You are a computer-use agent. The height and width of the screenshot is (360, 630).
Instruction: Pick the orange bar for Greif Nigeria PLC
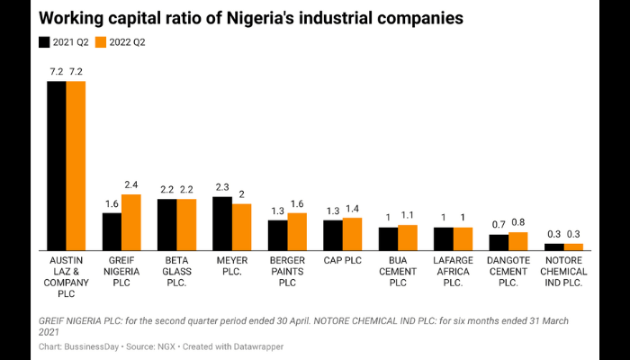click(131, 221)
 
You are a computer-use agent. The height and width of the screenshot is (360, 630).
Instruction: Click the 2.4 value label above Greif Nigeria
click(131, 185)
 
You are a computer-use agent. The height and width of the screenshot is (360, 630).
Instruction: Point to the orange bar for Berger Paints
click(297, 231)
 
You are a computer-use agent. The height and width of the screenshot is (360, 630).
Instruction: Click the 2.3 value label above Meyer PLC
click(222, 188)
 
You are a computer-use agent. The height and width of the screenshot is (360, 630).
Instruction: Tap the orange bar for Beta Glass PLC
click(186, 224)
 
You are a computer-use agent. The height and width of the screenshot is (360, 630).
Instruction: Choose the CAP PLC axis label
click(342, 259)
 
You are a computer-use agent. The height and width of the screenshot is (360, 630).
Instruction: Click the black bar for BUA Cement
click(388, 238)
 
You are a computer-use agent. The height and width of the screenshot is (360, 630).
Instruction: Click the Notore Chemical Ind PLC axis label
click(564, 271)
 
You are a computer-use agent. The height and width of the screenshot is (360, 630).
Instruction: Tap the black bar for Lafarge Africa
click(444, 238)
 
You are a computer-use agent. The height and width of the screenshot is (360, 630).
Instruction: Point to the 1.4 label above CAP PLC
click(353, 209)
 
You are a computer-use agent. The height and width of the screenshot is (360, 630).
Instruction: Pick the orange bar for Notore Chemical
click(573, 246)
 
